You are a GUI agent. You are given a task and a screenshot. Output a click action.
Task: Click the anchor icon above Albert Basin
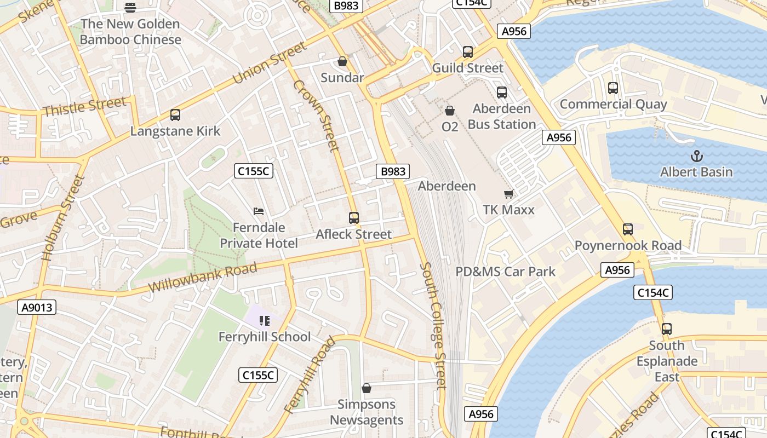696,156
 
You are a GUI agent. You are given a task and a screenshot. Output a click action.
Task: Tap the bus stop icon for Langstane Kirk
175,115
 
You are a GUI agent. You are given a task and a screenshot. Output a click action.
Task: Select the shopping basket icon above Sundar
342,61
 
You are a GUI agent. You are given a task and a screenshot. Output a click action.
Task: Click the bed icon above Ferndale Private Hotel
259,211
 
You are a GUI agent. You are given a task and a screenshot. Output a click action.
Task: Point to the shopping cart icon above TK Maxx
508,194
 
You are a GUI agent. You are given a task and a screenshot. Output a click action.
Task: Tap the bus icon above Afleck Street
354,218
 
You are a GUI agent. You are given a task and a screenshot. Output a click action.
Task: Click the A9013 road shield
37,307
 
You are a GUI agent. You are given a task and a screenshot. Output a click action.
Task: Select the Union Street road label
270,63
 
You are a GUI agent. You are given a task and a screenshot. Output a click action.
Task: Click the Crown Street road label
316,115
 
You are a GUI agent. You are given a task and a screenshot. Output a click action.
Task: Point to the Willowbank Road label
202,278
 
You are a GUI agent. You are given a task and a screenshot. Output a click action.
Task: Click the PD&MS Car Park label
505,272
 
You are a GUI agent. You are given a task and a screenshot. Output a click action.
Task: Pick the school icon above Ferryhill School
265,321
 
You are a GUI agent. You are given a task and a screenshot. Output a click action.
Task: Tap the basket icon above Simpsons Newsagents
367,388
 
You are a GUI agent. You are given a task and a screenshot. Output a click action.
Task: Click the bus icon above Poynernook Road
628,229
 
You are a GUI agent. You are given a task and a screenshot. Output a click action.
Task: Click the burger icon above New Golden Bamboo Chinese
130,8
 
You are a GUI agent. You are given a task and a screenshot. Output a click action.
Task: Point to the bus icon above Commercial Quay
613,88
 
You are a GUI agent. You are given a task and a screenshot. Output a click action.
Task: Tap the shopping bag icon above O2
450,111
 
